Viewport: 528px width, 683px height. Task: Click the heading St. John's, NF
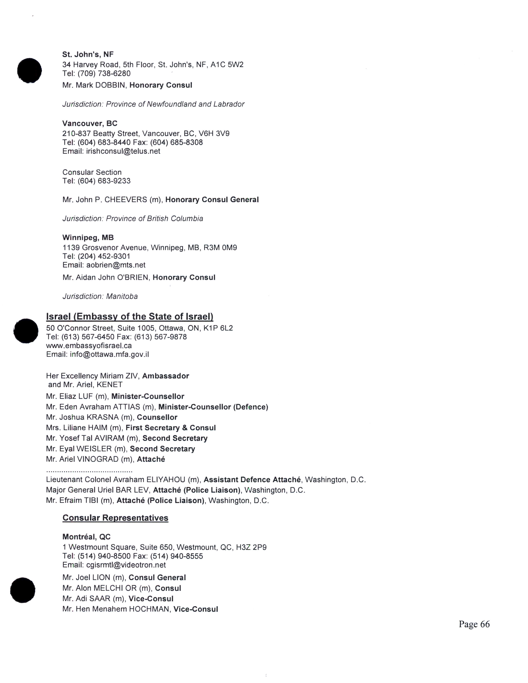point(88,54)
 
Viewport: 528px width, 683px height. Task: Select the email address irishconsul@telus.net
point(123,151)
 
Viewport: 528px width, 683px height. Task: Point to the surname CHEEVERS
point(126,200)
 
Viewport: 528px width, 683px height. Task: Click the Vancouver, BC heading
point(90,124)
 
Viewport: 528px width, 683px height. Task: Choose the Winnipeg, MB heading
point(88,238)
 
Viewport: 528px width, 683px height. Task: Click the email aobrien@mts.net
point(116,265)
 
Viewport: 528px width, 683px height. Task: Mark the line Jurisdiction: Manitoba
point(100,296)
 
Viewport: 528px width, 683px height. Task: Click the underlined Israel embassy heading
point(129,317)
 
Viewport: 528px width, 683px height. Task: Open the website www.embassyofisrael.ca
point(89,346)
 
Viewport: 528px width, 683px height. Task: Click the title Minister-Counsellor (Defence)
point(213,407)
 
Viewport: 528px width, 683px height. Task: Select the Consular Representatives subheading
point(115,518)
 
